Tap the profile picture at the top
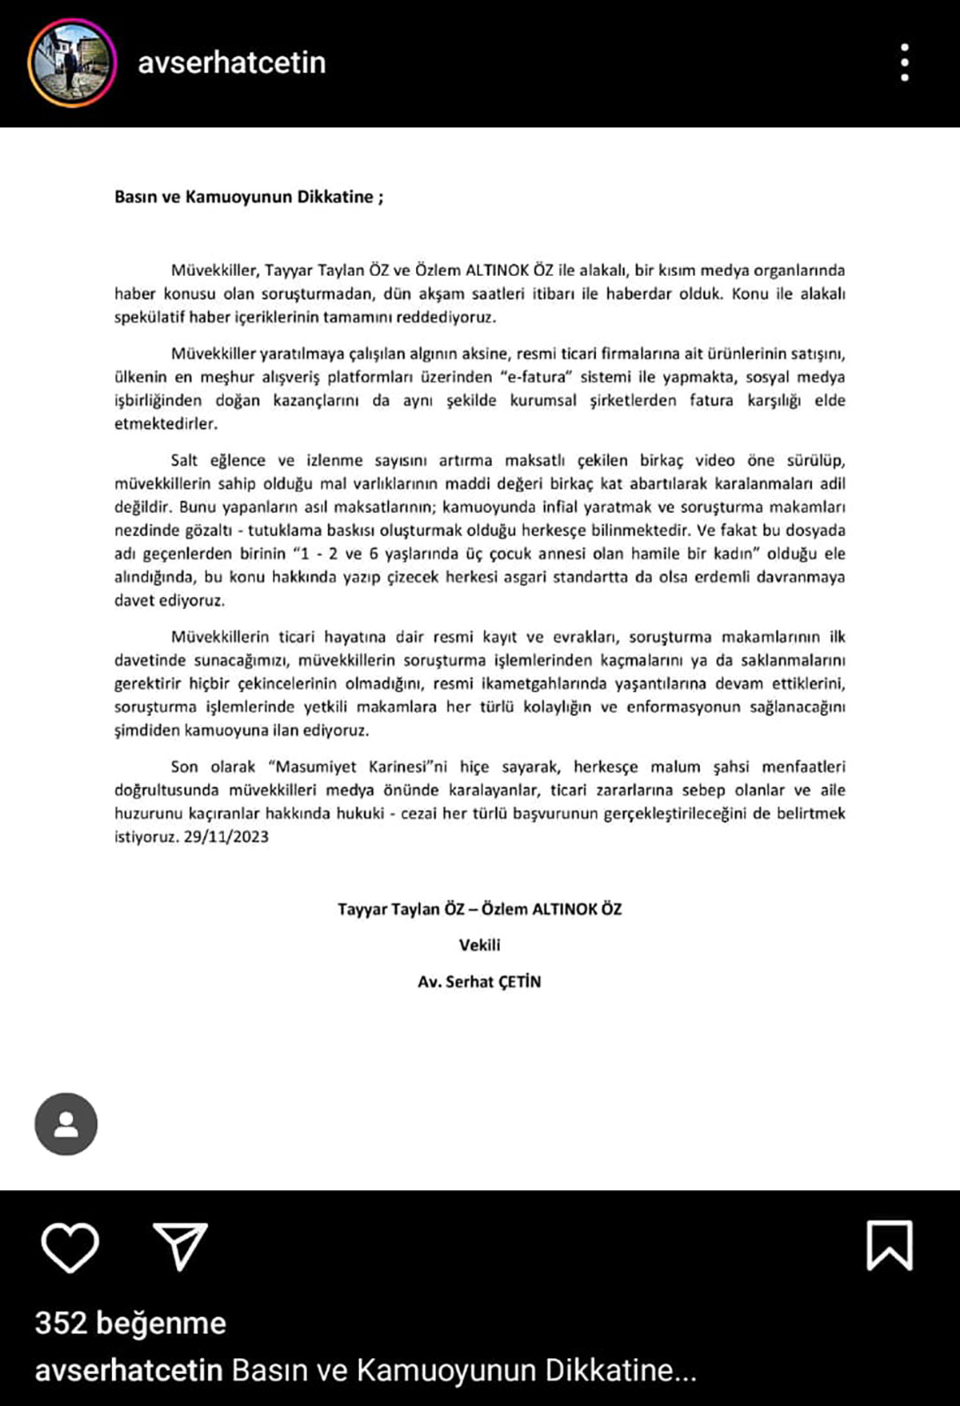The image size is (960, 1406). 72,63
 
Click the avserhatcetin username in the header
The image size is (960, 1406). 232,62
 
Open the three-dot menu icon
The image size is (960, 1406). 905,62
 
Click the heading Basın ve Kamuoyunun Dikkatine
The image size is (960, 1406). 249,197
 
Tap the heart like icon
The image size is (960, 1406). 70,1247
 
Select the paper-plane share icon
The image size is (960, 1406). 180,1247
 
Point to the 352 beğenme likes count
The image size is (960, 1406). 130,1324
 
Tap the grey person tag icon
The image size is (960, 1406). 66,1124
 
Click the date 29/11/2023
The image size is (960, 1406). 226,837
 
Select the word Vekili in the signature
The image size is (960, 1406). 480,945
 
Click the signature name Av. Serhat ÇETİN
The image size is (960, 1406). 479,982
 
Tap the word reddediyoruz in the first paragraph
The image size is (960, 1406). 446,317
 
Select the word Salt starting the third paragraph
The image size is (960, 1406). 184,460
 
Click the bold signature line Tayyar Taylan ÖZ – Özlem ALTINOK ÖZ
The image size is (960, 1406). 479,909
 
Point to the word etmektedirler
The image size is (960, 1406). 166,423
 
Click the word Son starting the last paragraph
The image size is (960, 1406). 184,767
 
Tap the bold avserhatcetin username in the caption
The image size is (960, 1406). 129,1371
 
